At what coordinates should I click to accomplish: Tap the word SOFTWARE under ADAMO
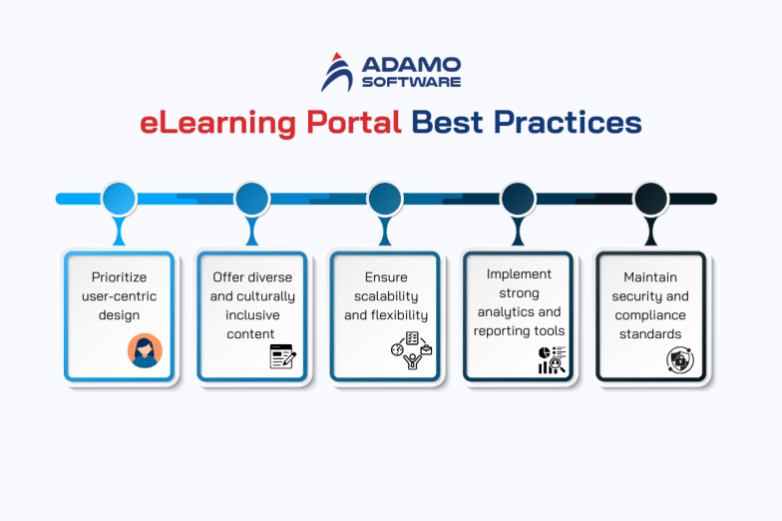411,81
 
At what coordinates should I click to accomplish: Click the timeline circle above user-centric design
119,199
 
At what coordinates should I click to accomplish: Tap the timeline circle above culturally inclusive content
252,199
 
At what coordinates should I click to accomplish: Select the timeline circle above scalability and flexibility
385,199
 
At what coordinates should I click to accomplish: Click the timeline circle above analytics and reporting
518,199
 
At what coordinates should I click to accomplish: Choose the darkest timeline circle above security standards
650,199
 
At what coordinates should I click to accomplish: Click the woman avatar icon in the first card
144,351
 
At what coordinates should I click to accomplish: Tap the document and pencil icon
283,356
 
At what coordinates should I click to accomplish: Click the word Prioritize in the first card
120,277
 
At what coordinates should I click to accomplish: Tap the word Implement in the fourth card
519,273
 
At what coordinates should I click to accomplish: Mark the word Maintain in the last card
650,277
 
